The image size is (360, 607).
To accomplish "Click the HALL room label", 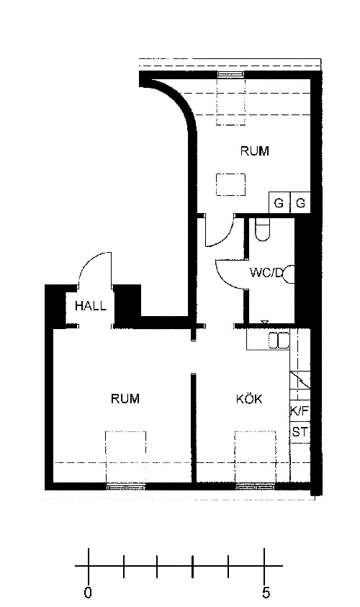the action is [x=91, y=306].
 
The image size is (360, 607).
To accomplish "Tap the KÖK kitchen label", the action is [x=249, y=399].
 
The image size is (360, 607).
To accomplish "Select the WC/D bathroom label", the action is [x=266, y=273].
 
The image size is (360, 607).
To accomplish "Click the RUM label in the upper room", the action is [x=255, y=150].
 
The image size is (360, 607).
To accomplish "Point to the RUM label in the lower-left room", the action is [x=125, y=398].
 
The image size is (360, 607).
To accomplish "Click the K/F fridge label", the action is [x=300, y=410].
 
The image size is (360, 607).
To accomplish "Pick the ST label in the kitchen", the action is [x=300, y=431].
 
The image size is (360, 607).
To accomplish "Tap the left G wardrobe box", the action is [x=279, y=202].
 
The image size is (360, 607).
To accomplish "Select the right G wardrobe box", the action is [x=300, y=202].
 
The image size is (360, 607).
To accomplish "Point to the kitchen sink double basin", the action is [x=279, y=341].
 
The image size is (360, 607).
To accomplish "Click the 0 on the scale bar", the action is [x=88, y=593].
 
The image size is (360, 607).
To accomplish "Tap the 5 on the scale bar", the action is [x=266, y=593].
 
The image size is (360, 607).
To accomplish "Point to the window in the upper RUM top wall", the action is [x=231, y=74].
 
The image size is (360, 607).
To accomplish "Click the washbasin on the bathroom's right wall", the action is [x=289, y=274].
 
